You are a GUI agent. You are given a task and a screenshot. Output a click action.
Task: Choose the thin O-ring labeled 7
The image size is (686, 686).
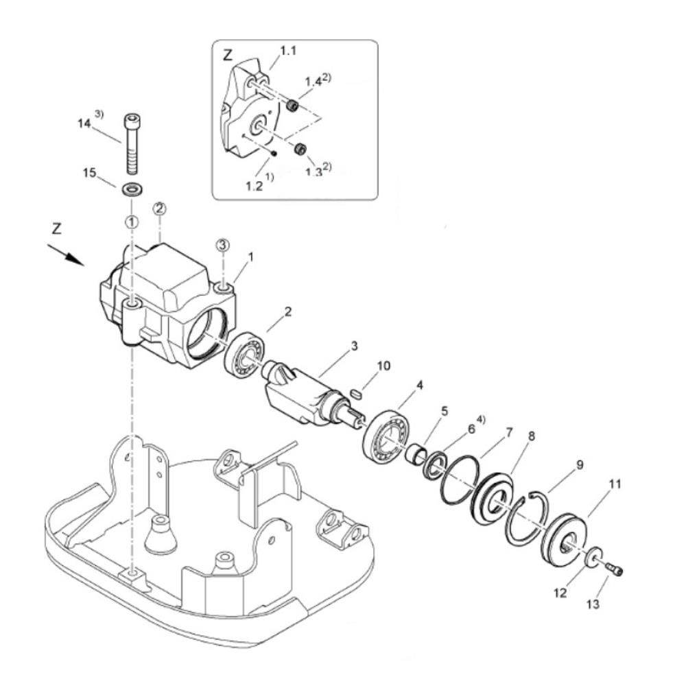click(x=460, y=480)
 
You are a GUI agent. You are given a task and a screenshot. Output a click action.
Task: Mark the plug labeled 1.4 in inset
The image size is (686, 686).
click(x=293, y=106)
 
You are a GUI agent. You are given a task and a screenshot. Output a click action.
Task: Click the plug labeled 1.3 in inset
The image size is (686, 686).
click(x=300, y=149)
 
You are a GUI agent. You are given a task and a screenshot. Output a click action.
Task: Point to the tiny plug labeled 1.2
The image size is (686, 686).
click(x=273, y=154)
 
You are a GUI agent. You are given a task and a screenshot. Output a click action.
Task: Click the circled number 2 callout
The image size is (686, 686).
click(x=159, y=209)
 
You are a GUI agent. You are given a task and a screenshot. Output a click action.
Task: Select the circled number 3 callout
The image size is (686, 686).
click(x=223, y=246)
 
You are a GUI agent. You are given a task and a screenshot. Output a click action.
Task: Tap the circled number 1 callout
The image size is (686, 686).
click(x=132, y=222)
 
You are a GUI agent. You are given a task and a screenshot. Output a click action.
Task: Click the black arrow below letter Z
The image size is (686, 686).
click(x=66, y=255)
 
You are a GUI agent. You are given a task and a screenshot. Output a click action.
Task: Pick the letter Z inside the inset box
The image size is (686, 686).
click(x=228, y=55)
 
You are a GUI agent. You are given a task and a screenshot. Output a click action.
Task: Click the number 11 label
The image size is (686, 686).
click(x=615, y=484)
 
